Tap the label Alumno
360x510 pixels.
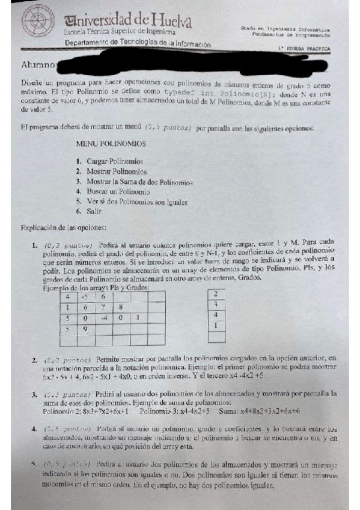pyautogui.click(x=38, y=64)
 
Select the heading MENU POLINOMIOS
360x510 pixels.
pyautogui.click(x=111, y=144)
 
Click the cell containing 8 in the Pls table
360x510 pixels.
pyautogui.click(x=120, y=307)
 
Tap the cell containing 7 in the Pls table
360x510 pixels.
pyautogui.click(x=103, y=307)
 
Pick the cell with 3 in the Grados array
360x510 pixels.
pyautogui.click(x=215, y=304)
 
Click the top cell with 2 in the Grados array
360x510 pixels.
pyautogui.click(x=215, y=294)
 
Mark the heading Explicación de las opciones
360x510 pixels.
pyautogui.click(x=63, y=228)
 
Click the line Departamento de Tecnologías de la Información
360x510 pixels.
pyautogui.click(x=138, y=44)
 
